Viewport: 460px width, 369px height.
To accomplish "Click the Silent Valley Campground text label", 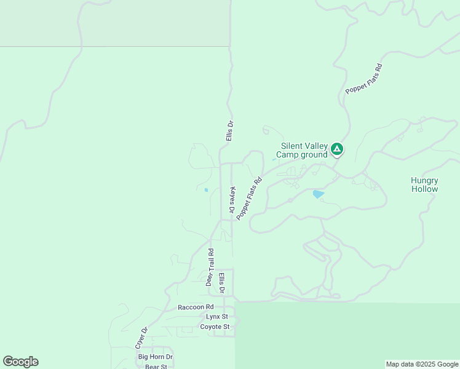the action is (x=301, y=150).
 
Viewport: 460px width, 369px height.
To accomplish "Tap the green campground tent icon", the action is (x=336, y=149).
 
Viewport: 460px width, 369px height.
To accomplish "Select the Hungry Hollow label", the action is (x=424, y=184).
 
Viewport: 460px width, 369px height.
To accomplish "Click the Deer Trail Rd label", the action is (x=210, y=268).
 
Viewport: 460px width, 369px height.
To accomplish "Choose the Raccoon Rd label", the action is (x=196, y=307).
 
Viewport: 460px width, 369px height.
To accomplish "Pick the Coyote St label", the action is (x=215, y=327).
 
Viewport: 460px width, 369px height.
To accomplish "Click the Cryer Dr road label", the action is (x=142, y=338).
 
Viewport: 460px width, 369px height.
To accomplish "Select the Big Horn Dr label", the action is (x=156, y=357).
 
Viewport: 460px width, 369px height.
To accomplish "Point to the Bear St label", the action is (x=156, y=367).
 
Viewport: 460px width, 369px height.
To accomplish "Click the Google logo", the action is (x=20, y=362).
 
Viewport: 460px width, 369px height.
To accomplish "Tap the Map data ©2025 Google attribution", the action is (x=422, y=364).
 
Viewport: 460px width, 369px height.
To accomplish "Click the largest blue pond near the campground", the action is (x=318, y=194).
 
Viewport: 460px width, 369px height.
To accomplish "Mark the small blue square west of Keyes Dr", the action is (x=206, y=190).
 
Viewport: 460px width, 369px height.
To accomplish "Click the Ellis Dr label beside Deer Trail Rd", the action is (x=222, y=282).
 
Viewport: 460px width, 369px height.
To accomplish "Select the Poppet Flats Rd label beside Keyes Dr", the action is (x=249, y=199).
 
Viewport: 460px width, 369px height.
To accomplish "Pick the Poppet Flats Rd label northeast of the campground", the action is (x=364, y=79).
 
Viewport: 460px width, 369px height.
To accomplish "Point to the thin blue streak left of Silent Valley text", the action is (x=274, y=160).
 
